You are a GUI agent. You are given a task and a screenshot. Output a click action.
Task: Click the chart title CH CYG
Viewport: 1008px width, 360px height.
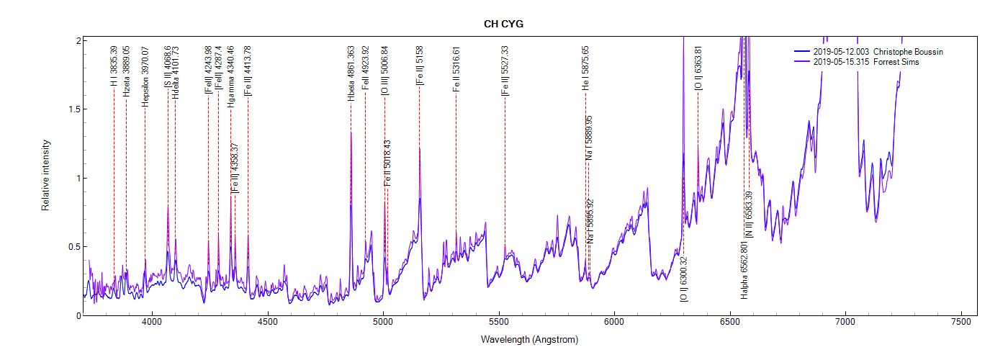(x=503, y=24)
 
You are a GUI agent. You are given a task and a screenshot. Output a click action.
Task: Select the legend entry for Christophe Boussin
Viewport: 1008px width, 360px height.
(x=878, y=52)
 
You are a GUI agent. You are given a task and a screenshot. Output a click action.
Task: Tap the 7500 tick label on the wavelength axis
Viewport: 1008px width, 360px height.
(x=960, y=325)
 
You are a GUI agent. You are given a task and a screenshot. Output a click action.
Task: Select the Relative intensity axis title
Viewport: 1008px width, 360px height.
(x=45, y=175)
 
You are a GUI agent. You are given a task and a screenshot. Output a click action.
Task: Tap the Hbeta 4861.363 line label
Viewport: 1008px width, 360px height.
(x=351, y=73)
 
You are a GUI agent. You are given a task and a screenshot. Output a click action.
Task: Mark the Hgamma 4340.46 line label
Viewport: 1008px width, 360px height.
(x=230, y=76)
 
